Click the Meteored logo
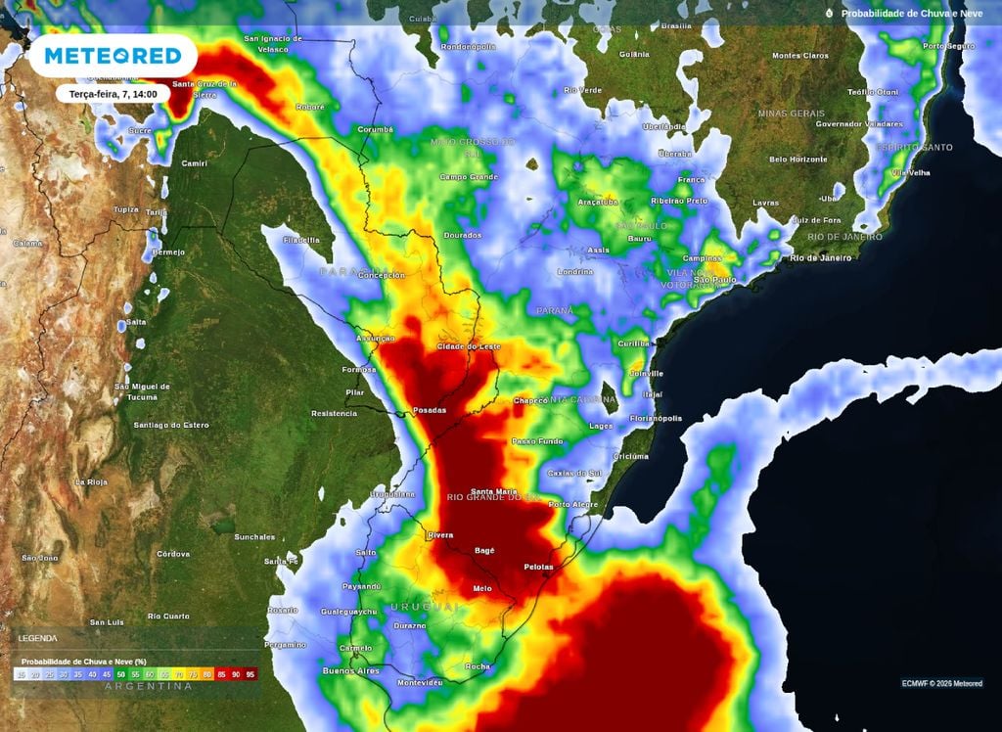click(114, 57)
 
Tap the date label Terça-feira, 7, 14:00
click(114, 94)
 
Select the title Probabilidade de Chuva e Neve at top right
click(909, 14)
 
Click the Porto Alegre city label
click(573, 504)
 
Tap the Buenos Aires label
click(350, 670)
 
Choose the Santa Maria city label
click(494, 491)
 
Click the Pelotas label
click(538, 567)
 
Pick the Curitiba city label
click(635, 343)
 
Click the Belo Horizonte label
click(798, 159)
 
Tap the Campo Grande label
click(469, 177)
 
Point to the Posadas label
click(431, 410)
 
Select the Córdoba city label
click(173, 554)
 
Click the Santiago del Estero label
click(171, 424)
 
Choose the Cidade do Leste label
click(469, 346)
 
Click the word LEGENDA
click(38, 638)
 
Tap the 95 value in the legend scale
click(250, 674)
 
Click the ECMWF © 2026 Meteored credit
click(941, 683)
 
